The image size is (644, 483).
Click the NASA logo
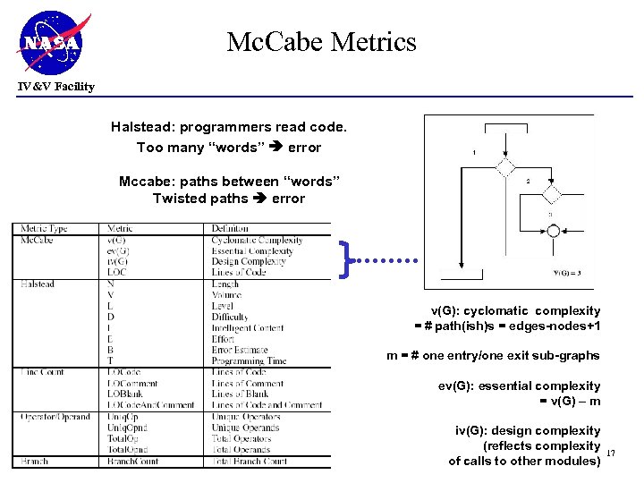[x=53, y=41]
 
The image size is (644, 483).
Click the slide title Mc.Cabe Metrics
[x=321, y=42]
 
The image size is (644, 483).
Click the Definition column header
[x=230, y=229]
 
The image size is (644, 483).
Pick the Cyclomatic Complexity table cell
[x=258, y=240]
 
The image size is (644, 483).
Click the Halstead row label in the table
[x=38, y=284]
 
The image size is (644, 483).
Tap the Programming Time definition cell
[x=250, y=360]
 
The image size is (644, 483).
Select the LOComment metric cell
[x=135, y=383]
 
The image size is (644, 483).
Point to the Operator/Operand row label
[x=55, y=417]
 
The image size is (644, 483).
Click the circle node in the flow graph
[x=554, y=231]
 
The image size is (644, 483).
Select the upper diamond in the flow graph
[x=506, y=168]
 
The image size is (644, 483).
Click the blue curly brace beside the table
[x=345, y=259]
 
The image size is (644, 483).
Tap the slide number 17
[x=612, y=454]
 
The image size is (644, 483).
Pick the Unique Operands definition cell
[x=246, y=428]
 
